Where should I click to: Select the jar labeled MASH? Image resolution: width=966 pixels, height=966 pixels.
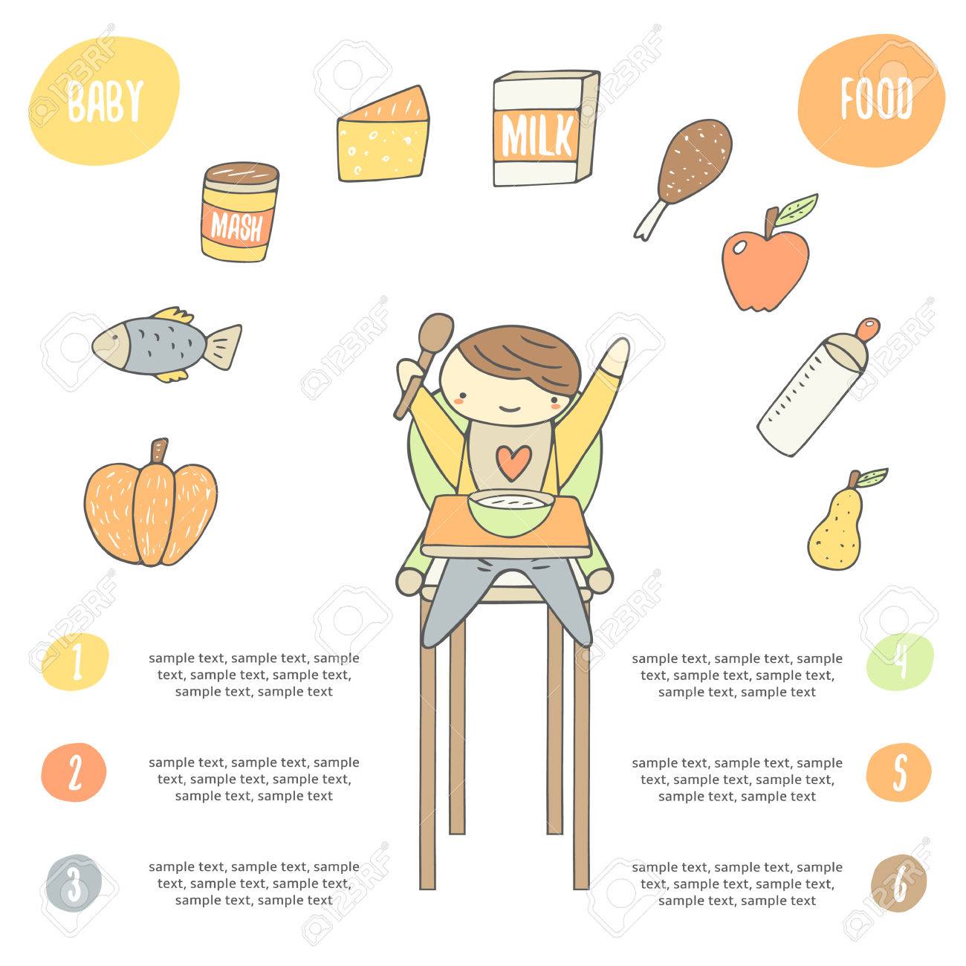click(x=239, y=212)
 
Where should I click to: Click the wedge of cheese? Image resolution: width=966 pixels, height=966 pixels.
click(x=383, y=135)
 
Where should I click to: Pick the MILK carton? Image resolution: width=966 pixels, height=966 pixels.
click(x=545, y=129)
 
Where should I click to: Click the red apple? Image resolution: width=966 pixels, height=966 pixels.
click(x=764, y=268)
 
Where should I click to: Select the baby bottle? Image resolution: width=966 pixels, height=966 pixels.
click(x=817, y=387)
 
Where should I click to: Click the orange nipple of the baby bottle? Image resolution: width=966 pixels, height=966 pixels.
click(x=867, y=329)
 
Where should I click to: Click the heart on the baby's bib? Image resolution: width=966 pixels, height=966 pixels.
click(x=513, y=461)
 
